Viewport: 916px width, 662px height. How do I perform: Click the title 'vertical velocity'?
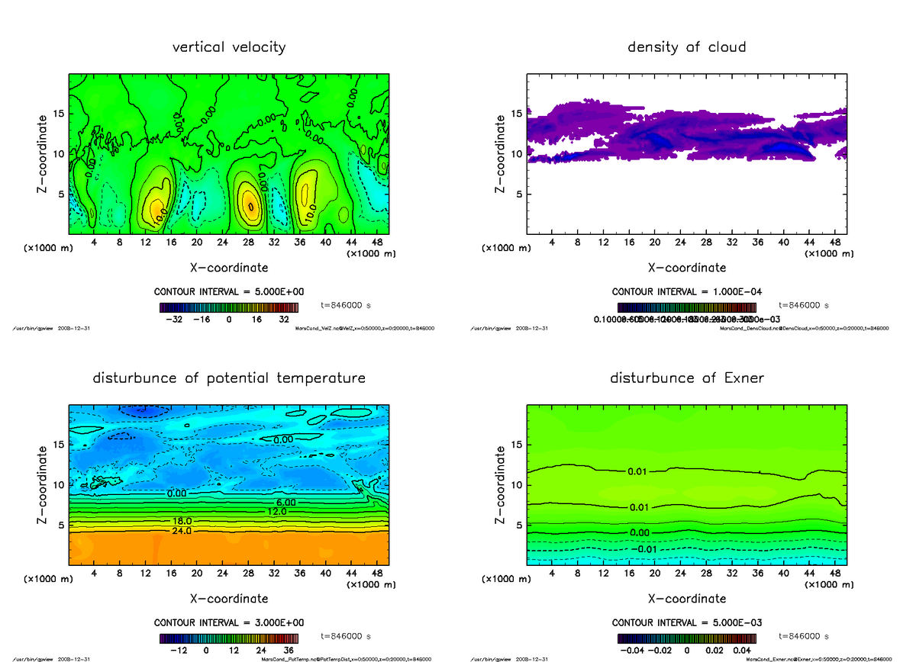(x=229, y=47)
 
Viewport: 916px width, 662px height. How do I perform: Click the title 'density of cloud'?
(x=686, y=47)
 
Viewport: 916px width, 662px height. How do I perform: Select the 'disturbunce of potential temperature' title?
(x=229, y=378)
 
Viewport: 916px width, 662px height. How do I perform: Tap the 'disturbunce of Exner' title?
(x=686, y=378)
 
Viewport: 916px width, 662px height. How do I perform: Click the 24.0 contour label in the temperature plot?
(x=182, y=531)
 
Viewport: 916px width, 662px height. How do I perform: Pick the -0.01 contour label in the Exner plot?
(x=645, y=549)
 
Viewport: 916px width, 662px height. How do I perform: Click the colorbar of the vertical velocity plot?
(x=228, y=308)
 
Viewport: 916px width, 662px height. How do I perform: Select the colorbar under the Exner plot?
(x=686, y=639)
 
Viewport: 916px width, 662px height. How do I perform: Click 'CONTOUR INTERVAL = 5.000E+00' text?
(x=229, y=292)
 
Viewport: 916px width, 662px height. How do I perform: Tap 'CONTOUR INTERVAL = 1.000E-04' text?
(x=686, y=292)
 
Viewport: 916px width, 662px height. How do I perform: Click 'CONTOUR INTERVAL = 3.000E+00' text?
(x=229, y=623)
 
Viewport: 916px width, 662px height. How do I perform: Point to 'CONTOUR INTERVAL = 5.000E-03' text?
(x=686, y=623)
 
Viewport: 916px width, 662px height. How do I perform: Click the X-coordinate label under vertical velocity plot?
(x=229, y=268)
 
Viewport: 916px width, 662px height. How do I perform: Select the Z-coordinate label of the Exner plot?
(x=501, y=486)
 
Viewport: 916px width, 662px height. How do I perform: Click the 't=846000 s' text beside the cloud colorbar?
(x=804, y=305)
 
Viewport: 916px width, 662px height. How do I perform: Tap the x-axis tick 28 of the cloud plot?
(x=707, y=243)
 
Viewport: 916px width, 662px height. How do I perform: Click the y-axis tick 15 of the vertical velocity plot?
(x=58, y=114)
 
